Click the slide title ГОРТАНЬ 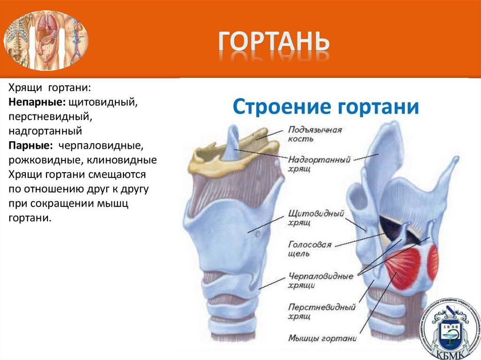[x=273, y=43]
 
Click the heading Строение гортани [x=326, y=106]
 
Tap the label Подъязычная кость [x=314, y=134]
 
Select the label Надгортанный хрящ [x=319, y=164]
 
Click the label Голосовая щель [x=310, y=249]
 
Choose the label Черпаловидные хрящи [x=320, y=281]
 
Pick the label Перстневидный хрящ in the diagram [x=321, y=312]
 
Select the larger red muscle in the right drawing [x=403, y=268]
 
